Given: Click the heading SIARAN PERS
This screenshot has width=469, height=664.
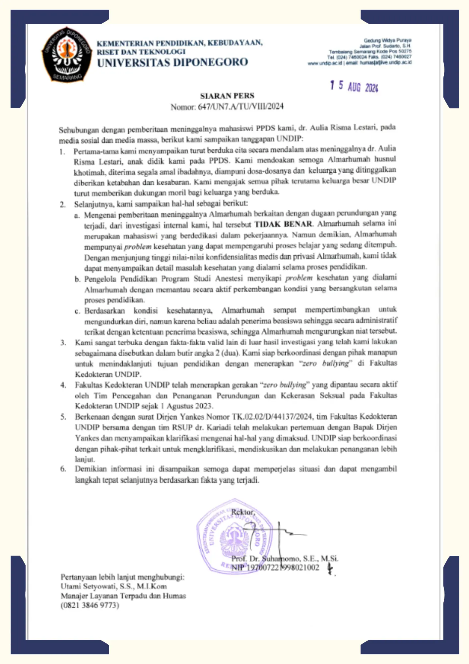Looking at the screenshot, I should click(227, 96).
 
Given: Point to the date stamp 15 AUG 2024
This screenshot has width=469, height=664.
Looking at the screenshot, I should click(354, 86).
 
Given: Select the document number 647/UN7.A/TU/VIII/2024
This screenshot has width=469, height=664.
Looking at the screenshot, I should click(241, 107).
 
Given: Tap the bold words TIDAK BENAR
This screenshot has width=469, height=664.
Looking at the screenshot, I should click(283, 224).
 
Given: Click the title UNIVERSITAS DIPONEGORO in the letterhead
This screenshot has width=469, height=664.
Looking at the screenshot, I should click(172, 62).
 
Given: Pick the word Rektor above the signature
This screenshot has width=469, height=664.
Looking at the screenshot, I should click(243, 512).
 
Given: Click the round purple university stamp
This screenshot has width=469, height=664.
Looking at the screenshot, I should click(234, 536).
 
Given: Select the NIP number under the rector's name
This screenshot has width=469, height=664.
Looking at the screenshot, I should click(275, 568).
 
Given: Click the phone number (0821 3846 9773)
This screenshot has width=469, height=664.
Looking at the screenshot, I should click(90, 605).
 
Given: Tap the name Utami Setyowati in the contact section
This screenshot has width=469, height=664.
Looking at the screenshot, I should click(88, 586).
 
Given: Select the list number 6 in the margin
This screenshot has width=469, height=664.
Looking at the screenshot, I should click(63, 469).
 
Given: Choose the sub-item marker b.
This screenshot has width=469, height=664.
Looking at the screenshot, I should click(77, 279).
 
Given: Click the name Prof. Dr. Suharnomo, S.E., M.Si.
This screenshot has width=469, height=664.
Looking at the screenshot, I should click(285, 559).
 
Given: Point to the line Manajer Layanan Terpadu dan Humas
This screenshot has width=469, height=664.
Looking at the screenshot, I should click(123, 596).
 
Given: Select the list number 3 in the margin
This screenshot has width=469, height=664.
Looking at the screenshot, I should click(63, 343).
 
